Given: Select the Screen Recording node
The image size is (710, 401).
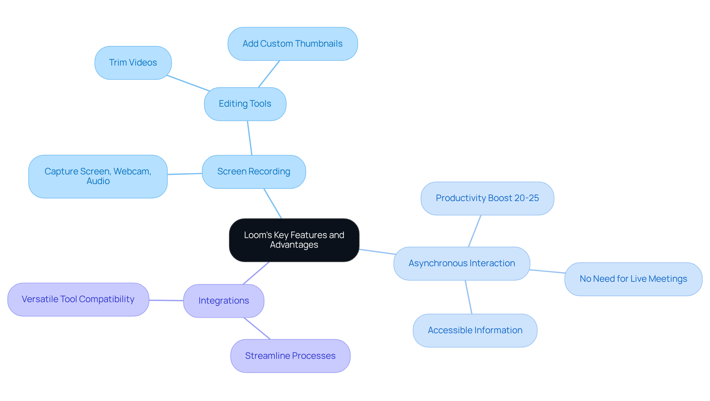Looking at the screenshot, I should [x=254, y=171].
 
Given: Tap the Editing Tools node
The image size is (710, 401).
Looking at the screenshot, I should [x=245, y=104].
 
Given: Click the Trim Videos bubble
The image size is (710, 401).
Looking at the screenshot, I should [x=133, y=63].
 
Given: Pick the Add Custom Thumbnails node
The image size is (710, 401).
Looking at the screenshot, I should [x=293, y=44].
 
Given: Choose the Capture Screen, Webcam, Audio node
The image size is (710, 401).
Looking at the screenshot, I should [x=98, y=176].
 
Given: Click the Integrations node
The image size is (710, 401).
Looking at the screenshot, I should [x=223, y=301].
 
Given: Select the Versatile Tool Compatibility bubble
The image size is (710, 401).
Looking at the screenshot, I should [x=78, y=299].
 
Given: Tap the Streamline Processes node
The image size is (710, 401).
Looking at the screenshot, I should [x=290, y=356].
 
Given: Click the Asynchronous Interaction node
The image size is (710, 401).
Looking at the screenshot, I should [x=461, y=263].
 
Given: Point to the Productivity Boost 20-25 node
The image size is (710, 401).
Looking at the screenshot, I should [x=487, y=198].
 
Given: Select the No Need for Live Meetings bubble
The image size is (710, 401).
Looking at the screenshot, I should [x=633, y=279].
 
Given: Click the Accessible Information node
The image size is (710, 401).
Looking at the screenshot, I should [x=475, y=330].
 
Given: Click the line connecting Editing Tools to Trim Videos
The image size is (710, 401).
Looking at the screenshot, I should [x=188, y=83].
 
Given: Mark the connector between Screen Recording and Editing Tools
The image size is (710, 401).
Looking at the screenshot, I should [x=250, y=138].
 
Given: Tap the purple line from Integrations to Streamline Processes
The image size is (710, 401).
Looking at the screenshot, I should [x=257, y=328].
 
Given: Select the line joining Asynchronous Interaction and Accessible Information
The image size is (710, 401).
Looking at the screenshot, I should [x=469, y=297].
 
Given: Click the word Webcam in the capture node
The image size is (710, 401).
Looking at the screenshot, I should [x=132, y=171].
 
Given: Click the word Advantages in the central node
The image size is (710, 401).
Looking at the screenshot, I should [x=294, y=245].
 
